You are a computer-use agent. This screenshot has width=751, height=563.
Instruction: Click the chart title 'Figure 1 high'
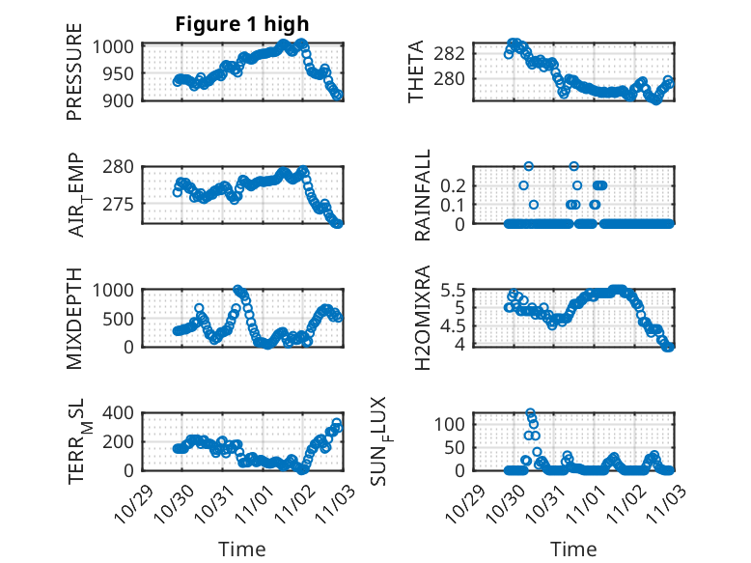pyautogui.click(x=242, y=24)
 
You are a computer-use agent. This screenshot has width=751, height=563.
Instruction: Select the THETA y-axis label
pyautogui.click(x=416, y=72)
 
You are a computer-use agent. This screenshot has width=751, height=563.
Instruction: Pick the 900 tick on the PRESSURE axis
pyautogui.click(x=122, y=99)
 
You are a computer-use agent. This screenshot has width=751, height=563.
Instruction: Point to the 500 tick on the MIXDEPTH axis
pyautogui.click(x=122, y=319)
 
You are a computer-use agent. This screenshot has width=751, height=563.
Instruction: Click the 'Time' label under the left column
pyautogui.click(x=242, y=549)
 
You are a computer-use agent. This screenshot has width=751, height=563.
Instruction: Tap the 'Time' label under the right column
pyautogui.click(x=574, y=549)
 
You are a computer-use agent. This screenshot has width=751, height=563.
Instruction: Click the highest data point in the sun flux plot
pyautogui.click(x=530, y=413)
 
